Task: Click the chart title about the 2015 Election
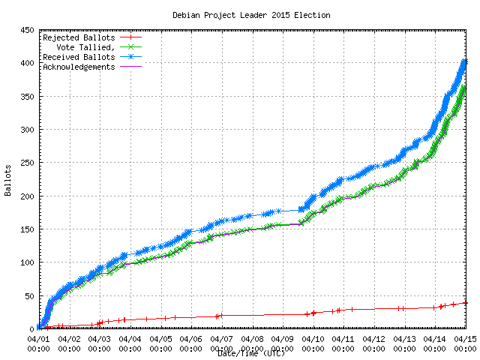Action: pyautogui.click(x=251, y=15)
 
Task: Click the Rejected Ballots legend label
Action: pyautogui.click(x=79, y=37)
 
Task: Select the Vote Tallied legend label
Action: pyautogui.click(x=82, y=47)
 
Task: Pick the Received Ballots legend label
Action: pyautogui.click(x=79, y=57)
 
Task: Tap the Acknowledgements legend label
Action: pyautogui.click(x=79, y=67)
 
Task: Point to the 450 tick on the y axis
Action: pyautogui.click(x=27, y=30)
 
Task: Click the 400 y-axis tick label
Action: pyautogui.click(x=27, y=63)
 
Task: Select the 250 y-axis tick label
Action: pyautogui.click(x=27, y=163)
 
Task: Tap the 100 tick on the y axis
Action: pyautogui.click(x=27, y=262)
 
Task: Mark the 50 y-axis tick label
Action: pyautogui.click(x=29, y=295)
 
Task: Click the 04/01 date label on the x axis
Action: pyautogui.click(x=38, y=339)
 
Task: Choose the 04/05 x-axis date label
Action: pyautogui.click(x=160, y=339)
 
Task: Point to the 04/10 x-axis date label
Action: pyautogui.click(x=313, y=339)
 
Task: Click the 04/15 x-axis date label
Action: pyautogui.click(x=466, y=339)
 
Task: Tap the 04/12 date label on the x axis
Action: pyautogui.click(x=374, y=339)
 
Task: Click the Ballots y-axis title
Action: pyautogui.click(x=8, y=179)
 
